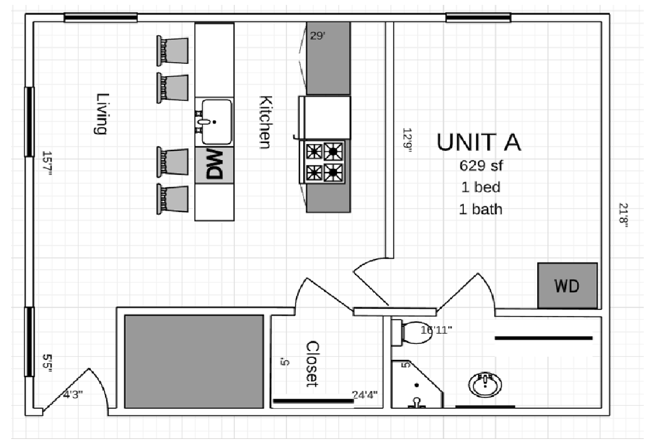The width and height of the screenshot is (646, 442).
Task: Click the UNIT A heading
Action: [479, 142]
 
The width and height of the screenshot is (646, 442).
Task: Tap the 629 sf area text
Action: [481, 166]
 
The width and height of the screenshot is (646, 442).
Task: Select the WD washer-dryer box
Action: [567, 286]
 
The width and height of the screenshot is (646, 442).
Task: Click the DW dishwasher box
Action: [214, 165]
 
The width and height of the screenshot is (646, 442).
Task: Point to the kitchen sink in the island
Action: [216, 122]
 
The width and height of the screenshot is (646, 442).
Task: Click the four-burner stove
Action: [324, 162]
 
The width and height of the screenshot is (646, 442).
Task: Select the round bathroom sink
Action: [485, 384]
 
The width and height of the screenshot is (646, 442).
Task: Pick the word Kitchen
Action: [265, 122]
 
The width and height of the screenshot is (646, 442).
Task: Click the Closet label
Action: [312, 364]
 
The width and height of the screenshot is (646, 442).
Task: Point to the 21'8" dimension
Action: [623, 215]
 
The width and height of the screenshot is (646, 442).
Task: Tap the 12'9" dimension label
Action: [407, 140]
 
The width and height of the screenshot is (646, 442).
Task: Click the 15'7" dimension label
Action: [47, 163]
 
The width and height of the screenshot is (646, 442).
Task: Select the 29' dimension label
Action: [318, 36]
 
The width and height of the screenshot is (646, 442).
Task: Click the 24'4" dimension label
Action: [365, 395]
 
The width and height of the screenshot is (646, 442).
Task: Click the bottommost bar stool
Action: [173, 199]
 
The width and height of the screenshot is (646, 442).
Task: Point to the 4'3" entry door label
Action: [72, 395]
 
